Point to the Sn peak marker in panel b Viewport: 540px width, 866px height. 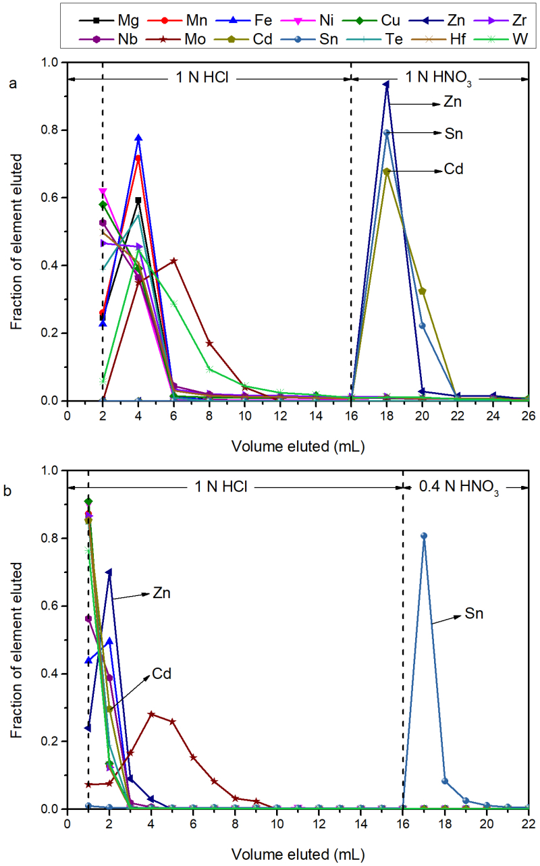424,536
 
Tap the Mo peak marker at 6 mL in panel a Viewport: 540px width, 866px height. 174,261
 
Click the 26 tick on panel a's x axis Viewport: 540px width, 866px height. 528,414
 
